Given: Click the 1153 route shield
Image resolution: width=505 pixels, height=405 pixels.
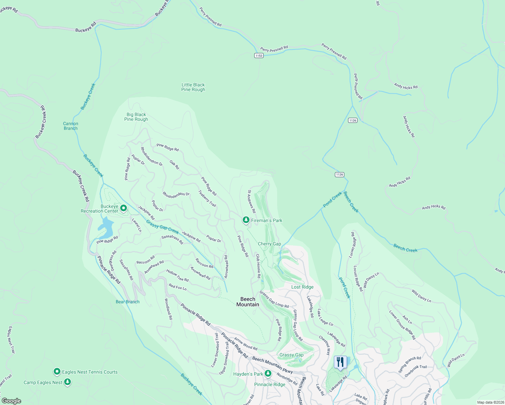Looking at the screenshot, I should tap(259, 56).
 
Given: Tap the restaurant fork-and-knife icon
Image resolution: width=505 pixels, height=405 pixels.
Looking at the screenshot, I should tap(340, 362).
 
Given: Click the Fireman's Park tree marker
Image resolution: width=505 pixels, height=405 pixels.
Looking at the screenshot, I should tap(246, 220).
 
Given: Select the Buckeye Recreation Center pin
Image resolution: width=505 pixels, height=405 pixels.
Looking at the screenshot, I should tap(124, 209).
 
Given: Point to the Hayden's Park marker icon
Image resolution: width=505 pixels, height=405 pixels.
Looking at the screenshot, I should tap(268, 373).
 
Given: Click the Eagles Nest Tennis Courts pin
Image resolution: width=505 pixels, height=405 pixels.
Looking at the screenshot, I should tap(57, 372).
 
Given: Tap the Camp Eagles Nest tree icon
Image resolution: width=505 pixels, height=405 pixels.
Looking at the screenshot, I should tap(68, 382).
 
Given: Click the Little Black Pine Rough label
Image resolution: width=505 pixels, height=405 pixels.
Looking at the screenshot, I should tap(193, 87).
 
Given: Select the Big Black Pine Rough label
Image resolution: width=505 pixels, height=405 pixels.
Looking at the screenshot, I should tap(136, 117).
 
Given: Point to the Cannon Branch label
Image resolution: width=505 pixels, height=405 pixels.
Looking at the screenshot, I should tap(71, 126).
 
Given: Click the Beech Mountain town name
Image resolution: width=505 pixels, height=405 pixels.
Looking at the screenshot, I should tap(248, 302).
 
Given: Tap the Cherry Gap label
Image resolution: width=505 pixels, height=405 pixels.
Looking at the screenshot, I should tap(269, 244).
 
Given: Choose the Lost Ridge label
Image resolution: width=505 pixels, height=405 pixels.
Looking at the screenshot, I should tap(302, 287).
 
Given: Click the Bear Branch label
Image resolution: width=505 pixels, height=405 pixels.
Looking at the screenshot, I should tap(127, 302).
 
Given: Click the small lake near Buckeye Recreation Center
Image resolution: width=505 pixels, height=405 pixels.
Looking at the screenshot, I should tap(106, 228).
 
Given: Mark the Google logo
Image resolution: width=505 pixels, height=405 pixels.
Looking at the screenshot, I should tap(11, 401).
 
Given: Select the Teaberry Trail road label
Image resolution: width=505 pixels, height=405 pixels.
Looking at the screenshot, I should tap(207, 198).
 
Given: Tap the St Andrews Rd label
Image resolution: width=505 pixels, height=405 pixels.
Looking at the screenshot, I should tap(251, 201).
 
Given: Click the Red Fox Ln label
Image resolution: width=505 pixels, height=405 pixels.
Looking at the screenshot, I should tap(178, 287).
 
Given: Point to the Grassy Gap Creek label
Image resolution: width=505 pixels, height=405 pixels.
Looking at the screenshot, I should tap(162, 227).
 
